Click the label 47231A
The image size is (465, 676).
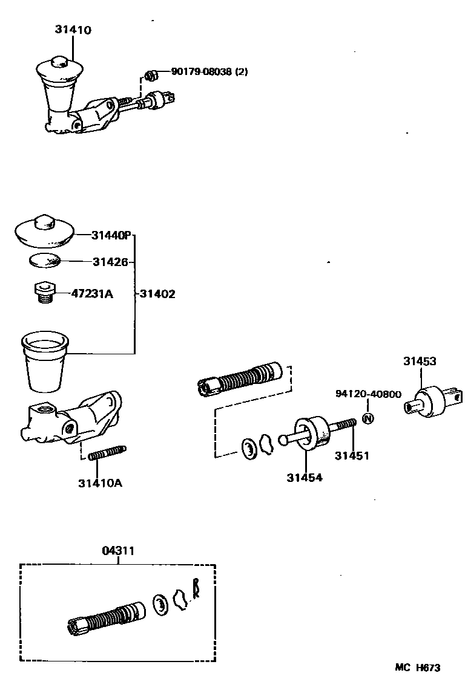(x=92, y=294)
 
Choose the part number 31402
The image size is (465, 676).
(x=157, y=294)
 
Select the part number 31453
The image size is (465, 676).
(x=420, y=362)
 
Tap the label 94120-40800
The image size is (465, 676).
(x=368, y=394)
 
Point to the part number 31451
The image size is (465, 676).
(x=353, y=455)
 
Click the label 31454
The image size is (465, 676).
(x=305, y=477)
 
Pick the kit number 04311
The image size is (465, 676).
(x=118, y=551)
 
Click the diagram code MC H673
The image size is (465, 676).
(x=418, y=667)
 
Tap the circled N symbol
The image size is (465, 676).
(x=369, y=418)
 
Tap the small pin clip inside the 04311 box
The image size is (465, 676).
(x=196, y=588)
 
